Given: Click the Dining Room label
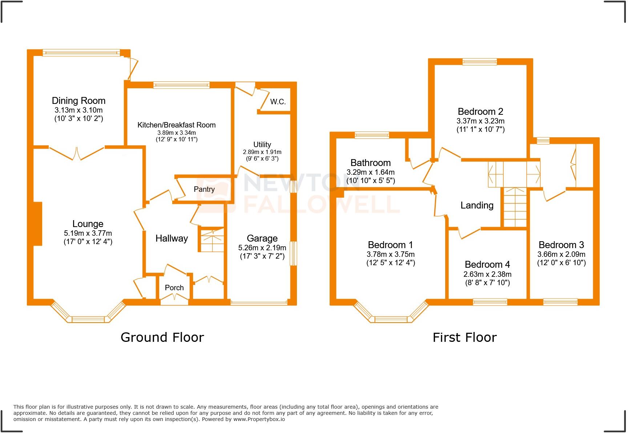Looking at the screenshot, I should click(78, 101).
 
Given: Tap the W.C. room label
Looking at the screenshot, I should click(278, 102).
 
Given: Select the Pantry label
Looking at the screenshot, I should click(204, 189).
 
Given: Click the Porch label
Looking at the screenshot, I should click(174, 288).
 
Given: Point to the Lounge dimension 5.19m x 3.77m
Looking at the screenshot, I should click(88, 233).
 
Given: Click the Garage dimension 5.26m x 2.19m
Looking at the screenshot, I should click(262, 248).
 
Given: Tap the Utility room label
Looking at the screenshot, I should click(262, 144).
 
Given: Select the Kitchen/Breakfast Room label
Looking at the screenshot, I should click(176, 125).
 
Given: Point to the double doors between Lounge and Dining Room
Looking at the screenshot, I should click(77, 153).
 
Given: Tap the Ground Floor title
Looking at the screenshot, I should click(162, 337).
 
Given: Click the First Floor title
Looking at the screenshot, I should click(464, 337).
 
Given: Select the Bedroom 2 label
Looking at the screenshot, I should click(480, 112).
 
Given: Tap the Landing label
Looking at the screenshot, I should click(477, 205).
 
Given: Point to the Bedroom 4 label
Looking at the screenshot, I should click(487, 264).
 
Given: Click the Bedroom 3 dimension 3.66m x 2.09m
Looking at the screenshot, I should click(561, 254).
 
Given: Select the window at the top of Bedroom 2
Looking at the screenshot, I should click(479, 62).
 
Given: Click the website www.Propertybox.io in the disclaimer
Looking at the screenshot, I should click(259, 419).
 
